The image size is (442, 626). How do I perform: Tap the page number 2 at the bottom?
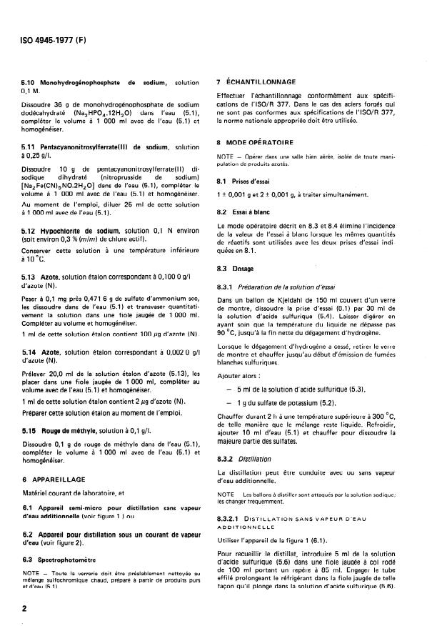(x=24, y=608)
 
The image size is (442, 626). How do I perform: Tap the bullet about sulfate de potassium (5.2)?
(x=275, y=403)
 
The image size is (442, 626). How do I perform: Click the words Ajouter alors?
(x=240, y=374)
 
